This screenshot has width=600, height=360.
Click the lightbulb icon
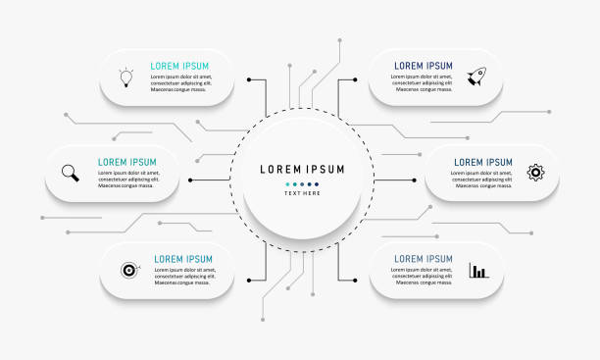point(125,77)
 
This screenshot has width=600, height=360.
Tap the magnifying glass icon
point(71,173)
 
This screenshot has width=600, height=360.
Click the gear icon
point(535,173)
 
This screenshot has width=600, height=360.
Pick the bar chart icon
point(478,270)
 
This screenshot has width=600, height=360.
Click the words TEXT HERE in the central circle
point(302,193)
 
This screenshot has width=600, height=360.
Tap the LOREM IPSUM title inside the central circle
point(302,169)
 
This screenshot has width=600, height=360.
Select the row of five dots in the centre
point(302,182)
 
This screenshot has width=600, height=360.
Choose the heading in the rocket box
point(424,66)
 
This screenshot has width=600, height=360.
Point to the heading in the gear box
point(481,162)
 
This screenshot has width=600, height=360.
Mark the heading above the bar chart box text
point(424,259)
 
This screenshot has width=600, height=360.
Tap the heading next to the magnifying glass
point(127,162)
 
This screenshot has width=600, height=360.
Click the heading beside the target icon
point(183,259)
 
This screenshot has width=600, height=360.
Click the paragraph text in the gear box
point(480,179)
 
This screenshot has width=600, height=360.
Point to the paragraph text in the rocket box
point(424,82)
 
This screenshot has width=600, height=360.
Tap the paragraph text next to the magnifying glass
point(127,179)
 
